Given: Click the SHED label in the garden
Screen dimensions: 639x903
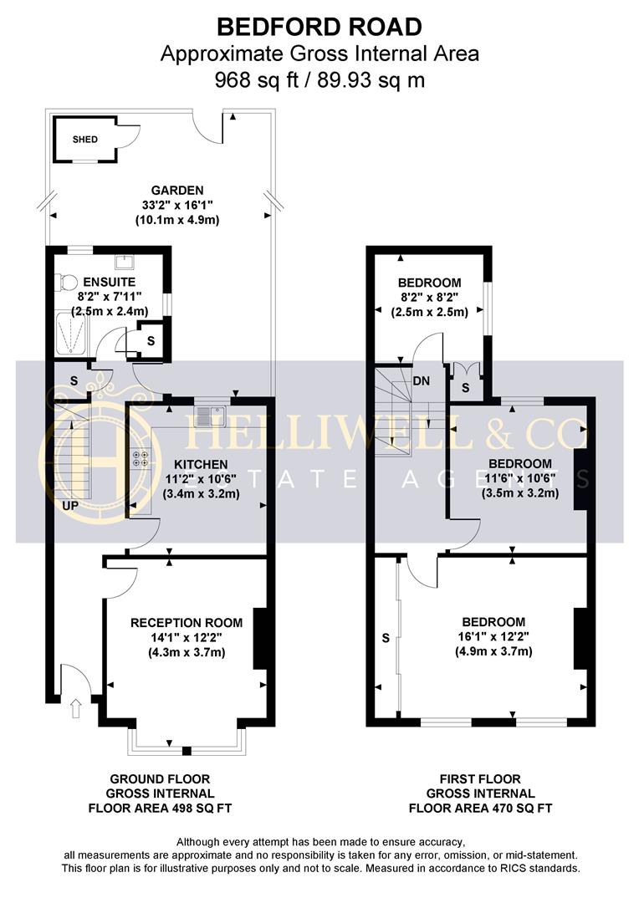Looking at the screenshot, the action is coord(84,140).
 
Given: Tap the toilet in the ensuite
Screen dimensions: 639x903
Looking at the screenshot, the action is coord(67,283).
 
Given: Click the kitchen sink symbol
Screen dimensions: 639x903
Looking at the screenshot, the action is coord(210,416).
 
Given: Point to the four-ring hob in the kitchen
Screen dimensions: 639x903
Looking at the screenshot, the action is coord(140,458).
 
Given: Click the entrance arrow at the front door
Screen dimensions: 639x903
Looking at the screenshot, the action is coord(75,708).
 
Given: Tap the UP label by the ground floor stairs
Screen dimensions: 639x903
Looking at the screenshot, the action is coord(69,506).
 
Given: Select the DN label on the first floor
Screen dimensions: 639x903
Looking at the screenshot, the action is coord(422,380).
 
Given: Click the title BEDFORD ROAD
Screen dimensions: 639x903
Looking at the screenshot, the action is coord(319,27).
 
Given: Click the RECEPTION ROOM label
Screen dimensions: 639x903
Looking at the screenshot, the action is coord(187,623).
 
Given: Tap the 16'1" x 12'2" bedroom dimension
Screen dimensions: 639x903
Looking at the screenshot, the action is coord(493,636).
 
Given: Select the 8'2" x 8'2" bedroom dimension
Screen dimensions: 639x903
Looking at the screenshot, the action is coord(429,297).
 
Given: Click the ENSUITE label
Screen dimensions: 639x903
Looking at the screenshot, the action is coord(110,283).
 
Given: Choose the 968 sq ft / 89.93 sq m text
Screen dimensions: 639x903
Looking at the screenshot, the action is coord(319,79).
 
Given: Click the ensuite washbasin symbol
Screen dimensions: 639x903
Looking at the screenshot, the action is coord(125,263).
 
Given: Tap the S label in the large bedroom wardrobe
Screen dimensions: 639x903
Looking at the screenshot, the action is coord(386,638).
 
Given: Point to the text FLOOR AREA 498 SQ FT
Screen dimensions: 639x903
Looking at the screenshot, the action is coord(160,808).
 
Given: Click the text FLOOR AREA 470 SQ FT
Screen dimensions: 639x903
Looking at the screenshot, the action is coord(480,808).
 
